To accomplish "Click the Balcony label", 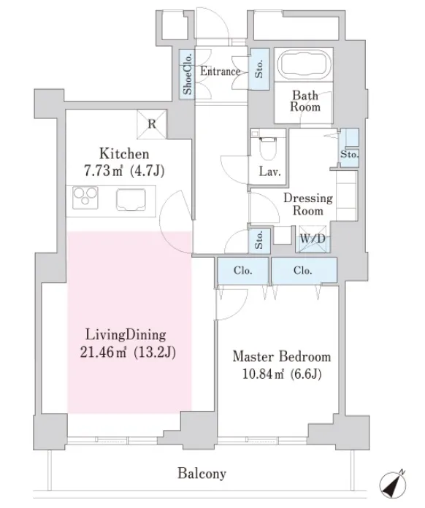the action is (x=202, y=474).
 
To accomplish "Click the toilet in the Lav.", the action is (x=267, y=146).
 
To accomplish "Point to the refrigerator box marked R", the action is (x=152, y=124).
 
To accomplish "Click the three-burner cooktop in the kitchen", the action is (x=85, y=197).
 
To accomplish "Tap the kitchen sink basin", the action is (x=131, y=199).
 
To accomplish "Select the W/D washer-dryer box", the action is (x=313, y=239).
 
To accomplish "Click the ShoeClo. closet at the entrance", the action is (x=188, y=74).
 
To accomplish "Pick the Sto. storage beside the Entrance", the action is (x=259, y=69).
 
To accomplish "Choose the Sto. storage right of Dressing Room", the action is (x=349, y=148).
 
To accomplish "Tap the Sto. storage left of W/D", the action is (x=259, y=240).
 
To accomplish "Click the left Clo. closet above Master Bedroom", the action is (x=243, y=270).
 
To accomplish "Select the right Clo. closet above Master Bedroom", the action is (x=304, y=270).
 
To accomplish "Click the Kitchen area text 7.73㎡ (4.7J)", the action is (x=124, y=170).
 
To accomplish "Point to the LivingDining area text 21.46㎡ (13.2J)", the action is (x=128, y=352).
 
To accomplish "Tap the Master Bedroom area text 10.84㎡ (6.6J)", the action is (x=282, y=374).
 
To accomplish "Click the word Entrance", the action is (x=220, y=72).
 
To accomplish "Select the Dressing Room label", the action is (x=308, y=204).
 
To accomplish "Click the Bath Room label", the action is (x=305, y=101).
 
